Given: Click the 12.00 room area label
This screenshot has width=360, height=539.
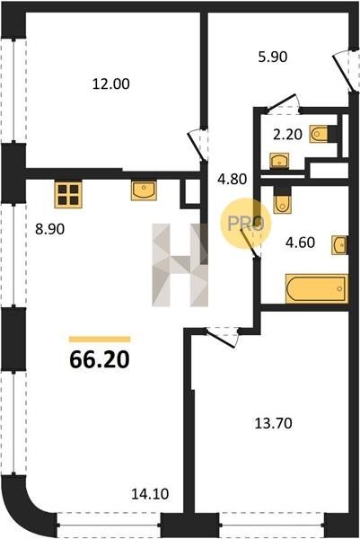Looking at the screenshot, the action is click(x=111, y=84).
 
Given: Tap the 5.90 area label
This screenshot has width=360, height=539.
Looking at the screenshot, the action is click(x=272, y=57).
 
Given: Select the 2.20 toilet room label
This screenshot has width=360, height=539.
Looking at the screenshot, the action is click(x=287, y=135).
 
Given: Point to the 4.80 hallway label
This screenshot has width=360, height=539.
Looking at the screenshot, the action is click(x=233, y=179).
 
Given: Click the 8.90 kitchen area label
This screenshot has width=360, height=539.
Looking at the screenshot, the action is click(x=49, y=228).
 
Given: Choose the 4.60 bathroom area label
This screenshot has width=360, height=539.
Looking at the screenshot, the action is click(x=300, y=243).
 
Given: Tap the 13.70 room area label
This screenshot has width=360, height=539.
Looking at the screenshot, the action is click(x=274, y=423).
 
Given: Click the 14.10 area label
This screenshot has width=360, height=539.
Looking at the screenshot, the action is click(x=150, y=494).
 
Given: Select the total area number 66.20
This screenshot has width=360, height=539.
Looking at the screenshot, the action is click(x=100, y=360).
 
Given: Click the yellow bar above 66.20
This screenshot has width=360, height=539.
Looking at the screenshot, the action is click(x=100, y=340).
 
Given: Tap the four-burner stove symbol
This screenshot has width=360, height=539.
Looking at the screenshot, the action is click(x=68, y=195).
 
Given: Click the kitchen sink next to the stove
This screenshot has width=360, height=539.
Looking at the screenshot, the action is click(x=144, y=190).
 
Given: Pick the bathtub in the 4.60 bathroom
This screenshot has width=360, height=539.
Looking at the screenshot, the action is click(x=317, y=288).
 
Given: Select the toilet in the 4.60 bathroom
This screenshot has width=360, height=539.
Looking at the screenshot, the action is click(x=282, y=200).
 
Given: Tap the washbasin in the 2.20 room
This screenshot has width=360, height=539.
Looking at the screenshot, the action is click(x=279, y=161).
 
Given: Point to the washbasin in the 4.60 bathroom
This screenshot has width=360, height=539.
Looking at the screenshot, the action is click(x=339, y=245).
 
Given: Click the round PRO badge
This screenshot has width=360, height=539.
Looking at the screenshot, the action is click(x=246, y=224).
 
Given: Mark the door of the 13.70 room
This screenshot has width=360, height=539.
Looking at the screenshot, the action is click(x=223, y=337).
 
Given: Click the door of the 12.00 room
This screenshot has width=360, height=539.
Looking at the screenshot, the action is click(x=198, y=145).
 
